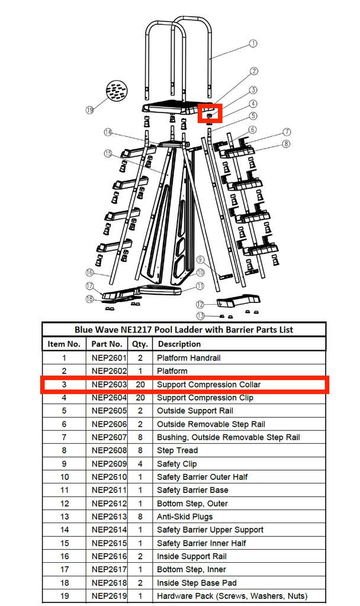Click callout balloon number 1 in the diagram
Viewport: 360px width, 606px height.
tap(253, 43)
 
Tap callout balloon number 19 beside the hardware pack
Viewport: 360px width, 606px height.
tap(90, 109)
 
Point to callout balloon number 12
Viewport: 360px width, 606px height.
tap(201, 304)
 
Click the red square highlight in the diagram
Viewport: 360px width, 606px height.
tap(209, 112)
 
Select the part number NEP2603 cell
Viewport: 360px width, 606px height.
tap(107, 385)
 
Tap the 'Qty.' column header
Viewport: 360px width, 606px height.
tap(140, 344)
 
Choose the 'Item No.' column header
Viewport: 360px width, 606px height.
tap(64, 344)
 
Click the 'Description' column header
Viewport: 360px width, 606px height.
tap(179, 344)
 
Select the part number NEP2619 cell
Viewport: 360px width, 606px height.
tap(107, 596)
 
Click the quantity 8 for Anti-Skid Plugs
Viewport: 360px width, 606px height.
tap(140, 517)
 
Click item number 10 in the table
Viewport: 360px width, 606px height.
tap(64, 477)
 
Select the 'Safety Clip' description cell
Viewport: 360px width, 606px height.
tap(177, 464)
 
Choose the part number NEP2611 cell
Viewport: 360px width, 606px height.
tap(107, 490)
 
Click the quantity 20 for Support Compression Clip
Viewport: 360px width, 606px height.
tap(140, 398)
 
